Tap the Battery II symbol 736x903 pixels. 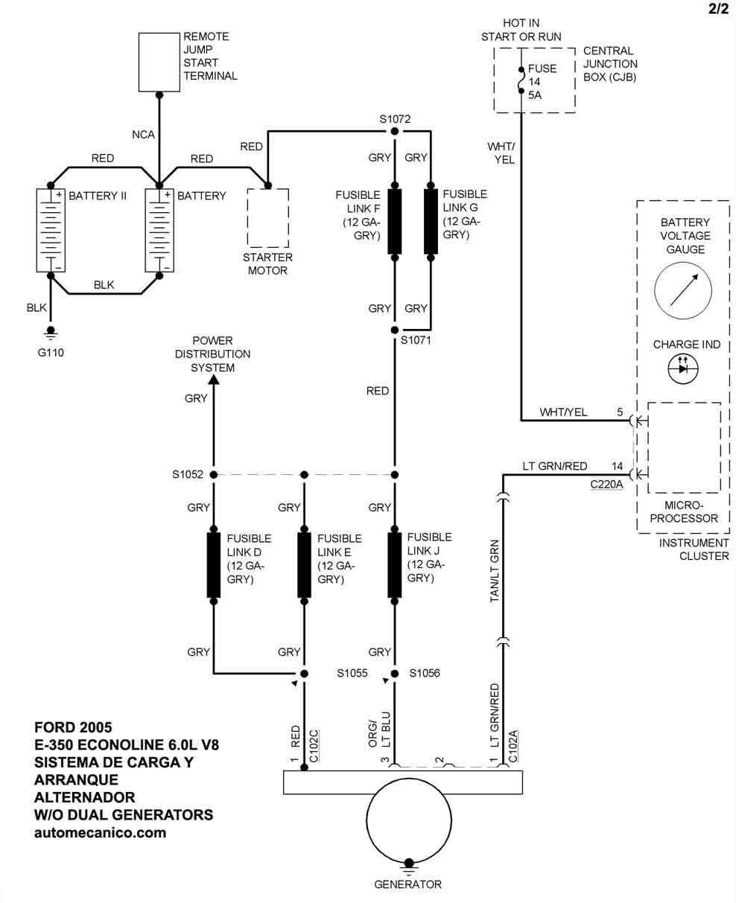(x=51, y=230)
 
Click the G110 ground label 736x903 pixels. (x=51, y=352)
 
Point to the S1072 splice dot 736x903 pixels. (x=395, y=132)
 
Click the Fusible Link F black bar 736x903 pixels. (x=395, y=221)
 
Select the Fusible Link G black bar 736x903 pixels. (x=431, y=221)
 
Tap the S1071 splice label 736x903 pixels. (x=416, y=340)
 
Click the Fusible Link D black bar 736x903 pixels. (x=213, y=565)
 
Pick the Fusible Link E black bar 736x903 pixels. (x=304, y=565)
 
